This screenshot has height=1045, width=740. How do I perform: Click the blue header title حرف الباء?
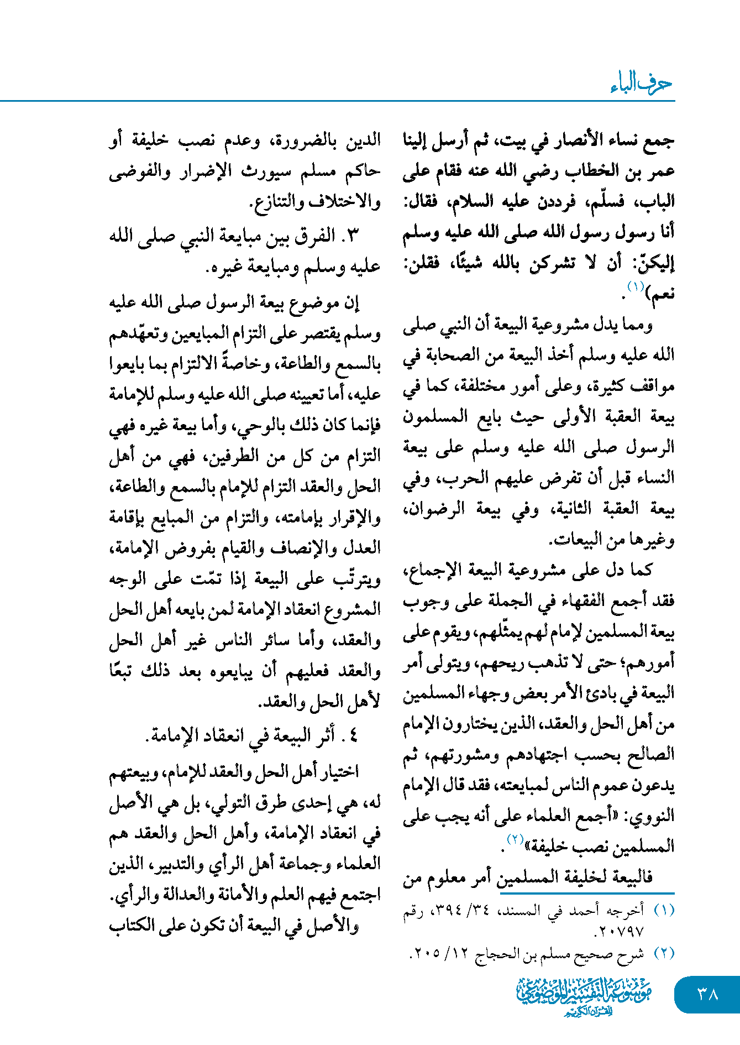641,84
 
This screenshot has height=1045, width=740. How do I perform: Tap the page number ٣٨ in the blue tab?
707,994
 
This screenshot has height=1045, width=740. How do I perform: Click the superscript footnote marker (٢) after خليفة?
515,839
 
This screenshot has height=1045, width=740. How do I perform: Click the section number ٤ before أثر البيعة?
354,736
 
